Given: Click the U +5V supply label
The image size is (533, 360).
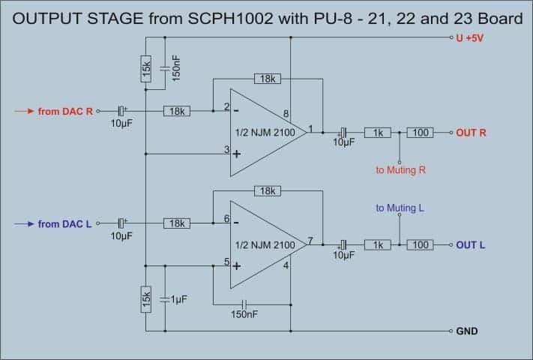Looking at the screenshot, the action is tap(469, 38).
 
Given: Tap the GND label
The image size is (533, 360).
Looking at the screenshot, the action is tap(467, 331).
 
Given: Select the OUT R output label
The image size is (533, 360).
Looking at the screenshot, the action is tap(471, 133).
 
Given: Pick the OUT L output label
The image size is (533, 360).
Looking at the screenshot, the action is tap(471, 245).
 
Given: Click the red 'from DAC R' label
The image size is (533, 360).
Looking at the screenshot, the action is tap(65, 112).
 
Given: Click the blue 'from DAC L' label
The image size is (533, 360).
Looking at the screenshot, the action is tap(64, 224).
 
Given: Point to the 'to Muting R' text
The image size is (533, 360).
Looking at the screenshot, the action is tap(401, 170).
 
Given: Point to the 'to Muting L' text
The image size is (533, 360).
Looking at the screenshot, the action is tap(400, 208).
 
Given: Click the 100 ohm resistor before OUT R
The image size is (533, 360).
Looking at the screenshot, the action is tap(420, 133).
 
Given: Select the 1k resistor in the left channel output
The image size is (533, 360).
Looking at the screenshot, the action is tap(378, 244).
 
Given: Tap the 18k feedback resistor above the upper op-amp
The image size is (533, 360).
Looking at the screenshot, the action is tap(268, 79).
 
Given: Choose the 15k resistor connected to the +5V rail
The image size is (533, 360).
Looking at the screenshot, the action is tap(146, 69).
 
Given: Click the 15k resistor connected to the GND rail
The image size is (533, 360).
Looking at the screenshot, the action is tap(146, 299).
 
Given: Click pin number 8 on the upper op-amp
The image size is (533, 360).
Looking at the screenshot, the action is tap(286, 113).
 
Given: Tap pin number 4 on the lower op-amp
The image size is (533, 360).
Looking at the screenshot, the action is tap(286, 265).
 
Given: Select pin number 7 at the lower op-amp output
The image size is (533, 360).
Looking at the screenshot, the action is tap(310, 241).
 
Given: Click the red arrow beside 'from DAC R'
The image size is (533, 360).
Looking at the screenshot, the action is tap(24, 111).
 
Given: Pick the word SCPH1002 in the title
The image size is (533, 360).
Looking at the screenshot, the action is tap(230, 18).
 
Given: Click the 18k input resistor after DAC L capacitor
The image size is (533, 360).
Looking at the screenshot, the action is tap(177, 223).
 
